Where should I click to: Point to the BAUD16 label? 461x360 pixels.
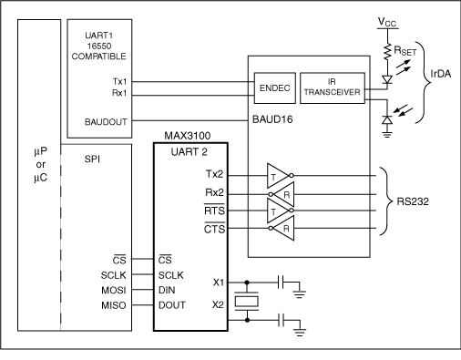tap(271, 120)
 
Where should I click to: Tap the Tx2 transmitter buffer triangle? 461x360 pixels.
tap(274, 173)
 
